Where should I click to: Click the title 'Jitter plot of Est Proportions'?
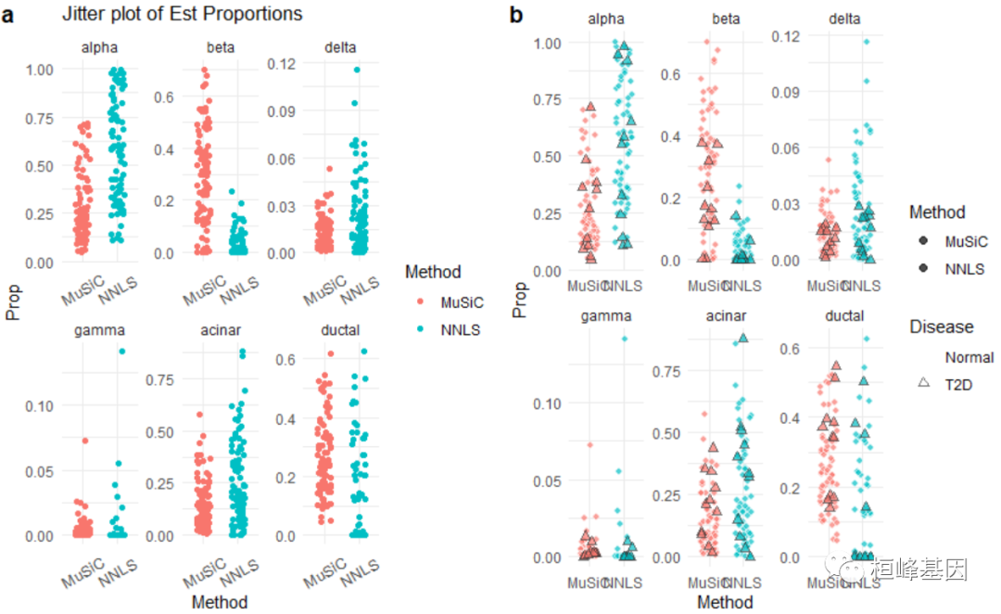pos(182,15)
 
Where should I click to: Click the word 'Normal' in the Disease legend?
pos(969,357)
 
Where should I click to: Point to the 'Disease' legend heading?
pos(941,326)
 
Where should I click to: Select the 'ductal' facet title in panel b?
pos(843,317)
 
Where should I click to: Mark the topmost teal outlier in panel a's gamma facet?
pos(120,352)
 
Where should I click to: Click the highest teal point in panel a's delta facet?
pos(355,70)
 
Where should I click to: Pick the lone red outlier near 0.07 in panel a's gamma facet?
pos(83,441)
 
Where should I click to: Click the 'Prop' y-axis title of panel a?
pos(13,301)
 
